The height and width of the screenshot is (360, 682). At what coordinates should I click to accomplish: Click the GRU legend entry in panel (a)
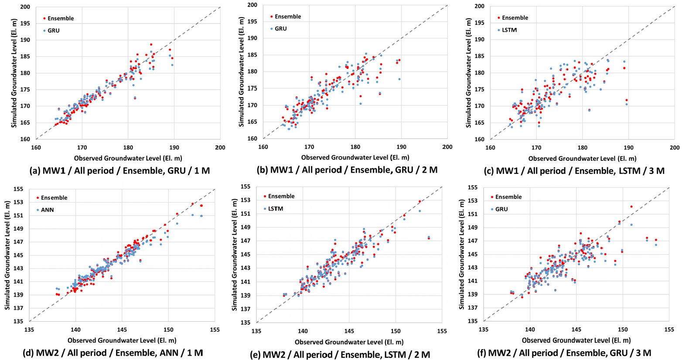51,31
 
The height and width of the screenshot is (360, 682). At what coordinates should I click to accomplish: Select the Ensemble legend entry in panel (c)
512,18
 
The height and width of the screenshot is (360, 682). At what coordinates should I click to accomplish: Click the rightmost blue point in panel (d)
201,216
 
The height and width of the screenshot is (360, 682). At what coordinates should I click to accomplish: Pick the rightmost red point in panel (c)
627,100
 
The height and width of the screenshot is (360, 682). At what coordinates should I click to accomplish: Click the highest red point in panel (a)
151,44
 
